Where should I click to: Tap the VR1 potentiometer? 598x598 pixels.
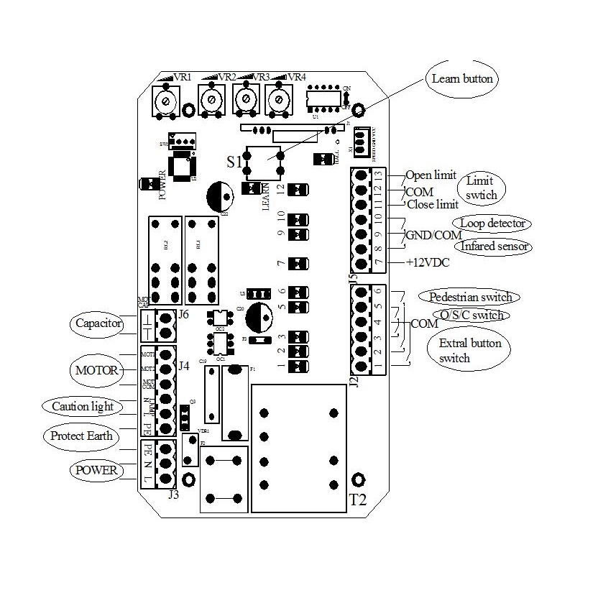[x=166, y=102]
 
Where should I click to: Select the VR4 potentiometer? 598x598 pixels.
[x=277, y=98]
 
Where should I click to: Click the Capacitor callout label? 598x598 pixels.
[x=98, y=324]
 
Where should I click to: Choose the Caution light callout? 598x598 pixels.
[x=82, y=406]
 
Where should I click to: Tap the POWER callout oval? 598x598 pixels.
[x=95, y=470]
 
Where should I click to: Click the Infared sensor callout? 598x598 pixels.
[x=495, y=247]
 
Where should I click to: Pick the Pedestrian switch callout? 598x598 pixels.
[x=470, y=297]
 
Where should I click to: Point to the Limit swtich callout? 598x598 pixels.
[x=481, y=188]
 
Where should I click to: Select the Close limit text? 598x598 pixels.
[x=433, y=205]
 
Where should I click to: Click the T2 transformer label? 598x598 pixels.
[x=357, y=500]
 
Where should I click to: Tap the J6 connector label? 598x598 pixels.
[x=185, y=315]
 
